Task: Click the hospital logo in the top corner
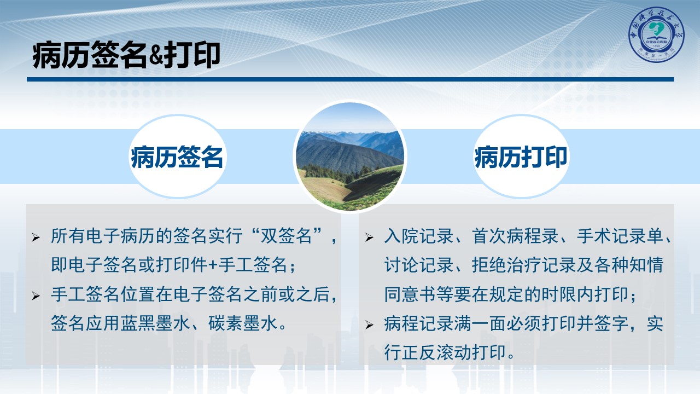tap(656, 34)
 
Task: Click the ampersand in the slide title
tap(155, 56)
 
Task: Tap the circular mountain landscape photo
tap(350, 157)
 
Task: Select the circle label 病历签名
tap(177, 157)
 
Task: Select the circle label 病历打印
tap(521, 157)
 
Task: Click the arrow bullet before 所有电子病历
tap(36, 237)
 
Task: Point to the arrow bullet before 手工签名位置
tap(36, 296)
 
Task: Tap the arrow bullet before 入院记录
tap(369, 237)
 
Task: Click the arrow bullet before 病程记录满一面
tap(369, 325)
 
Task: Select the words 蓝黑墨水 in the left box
tap(155, 323)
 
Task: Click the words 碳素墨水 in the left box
tap(243, 323)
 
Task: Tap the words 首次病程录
tap(516, 236)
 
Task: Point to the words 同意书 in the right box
tap(410, 294)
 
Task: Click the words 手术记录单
tap(620, 236)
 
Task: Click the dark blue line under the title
tap(350, 79)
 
